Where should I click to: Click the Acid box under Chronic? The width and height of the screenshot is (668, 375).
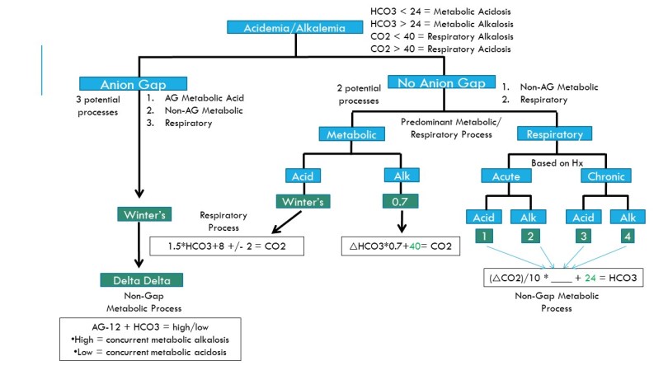583,217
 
